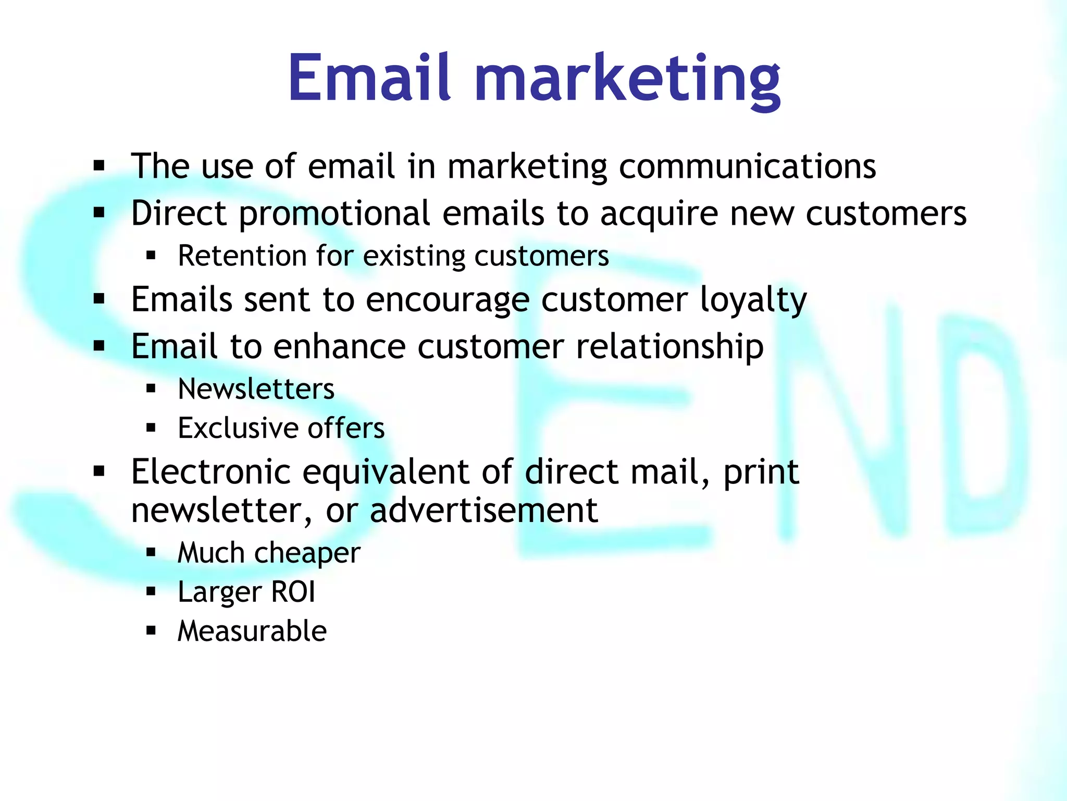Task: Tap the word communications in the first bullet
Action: coord(747,167)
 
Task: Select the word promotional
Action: coord(333,214)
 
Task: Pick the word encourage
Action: coord(448,301)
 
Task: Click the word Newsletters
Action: coord(256,389)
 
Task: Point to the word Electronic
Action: coord(210,472)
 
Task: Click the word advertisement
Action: coord(483,511)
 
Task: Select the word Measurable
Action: coord(252,631)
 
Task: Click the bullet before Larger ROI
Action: coord(151,592)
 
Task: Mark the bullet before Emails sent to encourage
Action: coord(99,299)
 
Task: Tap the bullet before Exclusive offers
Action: coord(151,428)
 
